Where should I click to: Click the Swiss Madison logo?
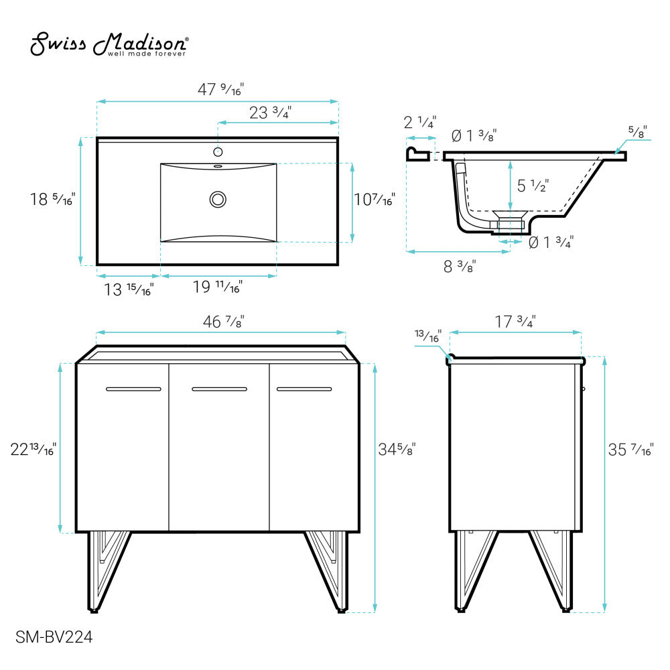click(x=109, y=46)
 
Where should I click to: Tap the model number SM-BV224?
click(x=54, y=637)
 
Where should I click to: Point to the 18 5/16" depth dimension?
click(x=52, y=199)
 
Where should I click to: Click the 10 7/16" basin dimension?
click(x=375, y=199)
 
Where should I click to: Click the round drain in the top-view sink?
click(x=218, y=199)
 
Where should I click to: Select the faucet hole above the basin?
click(x=218, y=151)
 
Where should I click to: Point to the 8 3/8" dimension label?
click(x=460, y=266)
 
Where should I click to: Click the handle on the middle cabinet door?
click(x=219, y=389)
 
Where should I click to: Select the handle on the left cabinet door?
click(x=133, y=389)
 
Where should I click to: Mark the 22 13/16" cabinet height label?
click(x=33, y=448)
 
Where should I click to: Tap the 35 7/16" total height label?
click(x=630, y=450)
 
